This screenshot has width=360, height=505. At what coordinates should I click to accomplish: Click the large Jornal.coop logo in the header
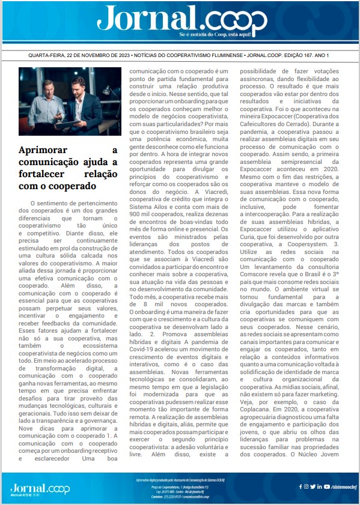click(x=180, y=19)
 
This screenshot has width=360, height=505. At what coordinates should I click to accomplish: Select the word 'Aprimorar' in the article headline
click(x=43, y=150)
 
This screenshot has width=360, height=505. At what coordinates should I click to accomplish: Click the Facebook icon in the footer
click(x=299, y=486)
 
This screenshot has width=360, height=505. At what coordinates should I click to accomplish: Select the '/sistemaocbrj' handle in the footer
click(x=340, y=486)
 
